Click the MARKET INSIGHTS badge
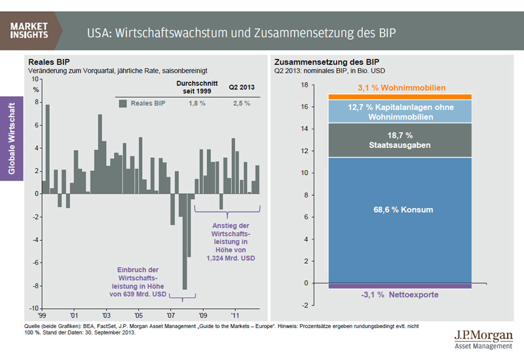coord(29,30)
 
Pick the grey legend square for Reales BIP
coord(122,103)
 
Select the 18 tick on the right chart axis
coord(304,84)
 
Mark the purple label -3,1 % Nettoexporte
coord(400,295)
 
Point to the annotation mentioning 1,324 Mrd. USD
coord(228,243)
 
